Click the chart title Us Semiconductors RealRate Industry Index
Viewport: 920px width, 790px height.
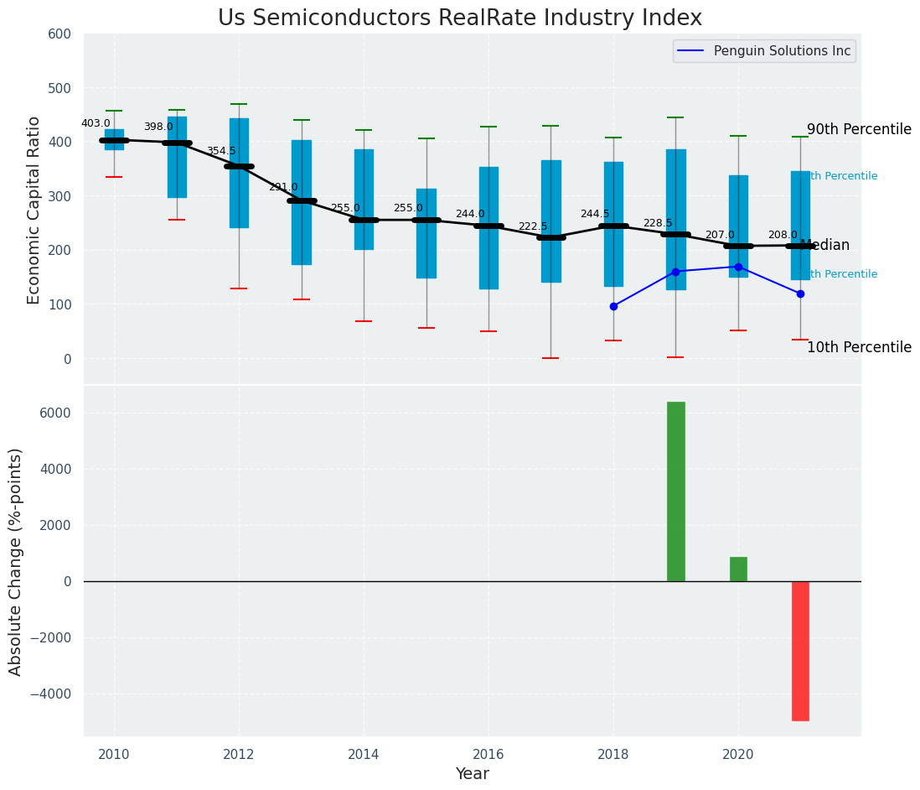(460, 18)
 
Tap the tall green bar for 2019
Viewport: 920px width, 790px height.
(675, 491)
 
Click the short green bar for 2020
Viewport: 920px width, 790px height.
(738, 569)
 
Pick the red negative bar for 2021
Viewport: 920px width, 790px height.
(800, 651)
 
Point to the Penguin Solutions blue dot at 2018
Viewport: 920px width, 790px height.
(613, 306)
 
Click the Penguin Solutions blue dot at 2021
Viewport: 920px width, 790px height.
(800, 294)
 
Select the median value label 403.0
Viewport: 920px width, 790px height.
(96, 123)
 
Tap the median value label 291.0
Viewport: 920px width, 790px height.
(283, 187)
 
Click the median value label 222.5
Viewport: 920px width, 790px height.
(533, 226)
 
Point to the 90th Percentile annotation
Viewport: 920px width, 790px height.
(859, 129)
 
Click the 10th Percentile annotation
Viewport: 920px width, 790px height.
(859, 347)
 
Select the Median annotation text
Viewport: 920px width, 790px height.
(825, 246)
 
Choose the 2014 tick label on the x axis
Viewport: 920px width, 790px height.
(364, 755)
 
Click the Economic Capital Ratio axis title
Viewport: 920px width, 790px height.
(34, 210)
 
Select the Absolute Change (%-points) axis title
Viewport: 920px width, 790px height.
(16, 561)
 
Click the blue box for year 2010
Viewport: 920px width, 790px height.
(114, 139)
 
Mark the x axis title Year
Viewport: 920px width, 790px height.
(472, 774)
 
